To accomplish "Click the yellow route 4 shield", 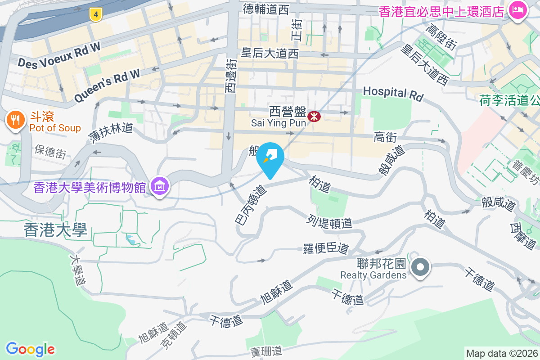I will tap(95, 14).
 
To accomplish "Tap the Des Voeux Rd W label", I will tap(58, 56).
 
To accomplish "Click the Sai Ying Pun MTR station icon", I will tap(314, 117).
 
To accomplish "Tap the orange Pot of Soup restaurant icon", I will tap(15, 120).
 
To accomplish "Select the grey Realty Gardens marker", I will tap(420, 267).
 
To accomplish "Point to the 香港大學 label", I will tap(55, 230).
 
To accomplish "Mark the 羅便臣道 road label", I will tap(326, 248).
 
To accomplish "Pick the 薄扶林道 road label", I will tap(110, 134).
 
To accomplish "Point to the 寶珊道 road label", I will tap(266, 350).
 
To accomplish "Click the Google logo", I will tap(30, 349).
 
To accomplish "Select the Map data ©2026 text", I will tap(502, 353).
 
